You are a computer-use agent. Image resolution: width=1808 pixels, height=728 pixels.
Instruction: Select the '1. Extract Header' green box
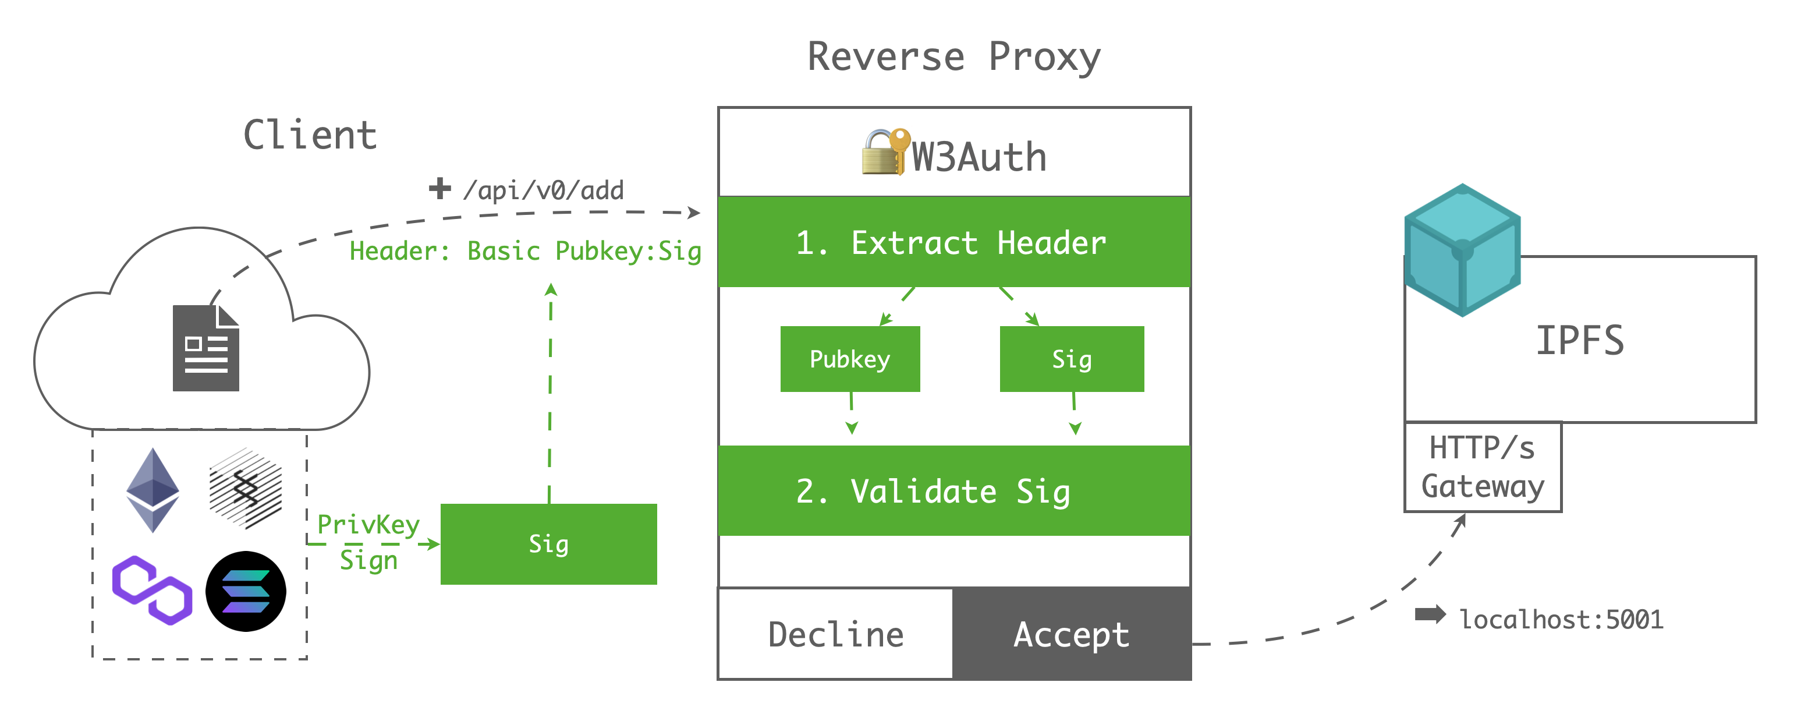[953, 242]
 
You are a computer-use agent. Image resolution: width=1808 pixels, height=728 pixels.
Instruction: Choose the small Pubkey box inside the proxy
[849, 359]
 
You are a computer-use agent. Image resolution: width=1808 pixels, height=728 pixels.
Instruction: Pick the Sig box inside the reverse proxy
[1071, 359]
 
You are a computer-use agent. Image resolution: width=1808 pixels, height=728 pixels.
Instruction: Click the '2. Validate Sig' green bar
[953, 491]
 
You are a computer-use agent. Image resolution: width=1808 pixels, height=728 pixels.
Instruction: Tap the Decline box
[835, 634]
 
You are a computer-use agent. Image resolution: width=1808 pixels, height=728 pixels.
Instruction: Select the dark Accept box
[1071, 634]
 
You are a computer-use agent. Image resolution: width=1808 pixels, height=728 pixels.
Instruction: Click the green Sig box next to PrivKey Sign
[548, 544]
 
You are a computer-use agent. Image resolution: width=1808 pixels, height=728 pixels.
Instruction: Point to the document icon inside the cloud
[205, 348]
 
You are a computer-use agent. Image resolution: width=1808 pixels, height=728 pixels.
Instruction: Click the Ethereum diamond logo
[153, 489]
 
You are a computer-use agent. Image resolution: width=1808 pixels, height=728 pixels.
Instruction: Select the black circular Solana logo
[246, 591]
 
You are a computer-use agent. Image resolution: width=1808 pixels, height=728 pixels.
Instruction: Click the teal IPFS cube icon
[1462, 250]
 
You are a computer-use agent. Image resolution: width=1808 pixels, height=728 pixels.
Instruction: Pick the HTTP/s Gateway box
[1483, 467]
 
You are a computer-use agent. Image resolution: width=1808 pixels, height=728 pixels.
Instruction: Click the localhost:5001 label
[1561, 619]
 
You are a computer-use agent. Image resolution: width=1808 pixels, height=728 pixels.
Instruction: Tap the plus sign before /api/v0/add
[439, 188]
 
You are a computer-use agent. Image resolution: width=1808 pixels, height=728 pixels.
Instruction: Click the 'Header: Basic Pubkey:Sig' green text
[525, 250]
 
